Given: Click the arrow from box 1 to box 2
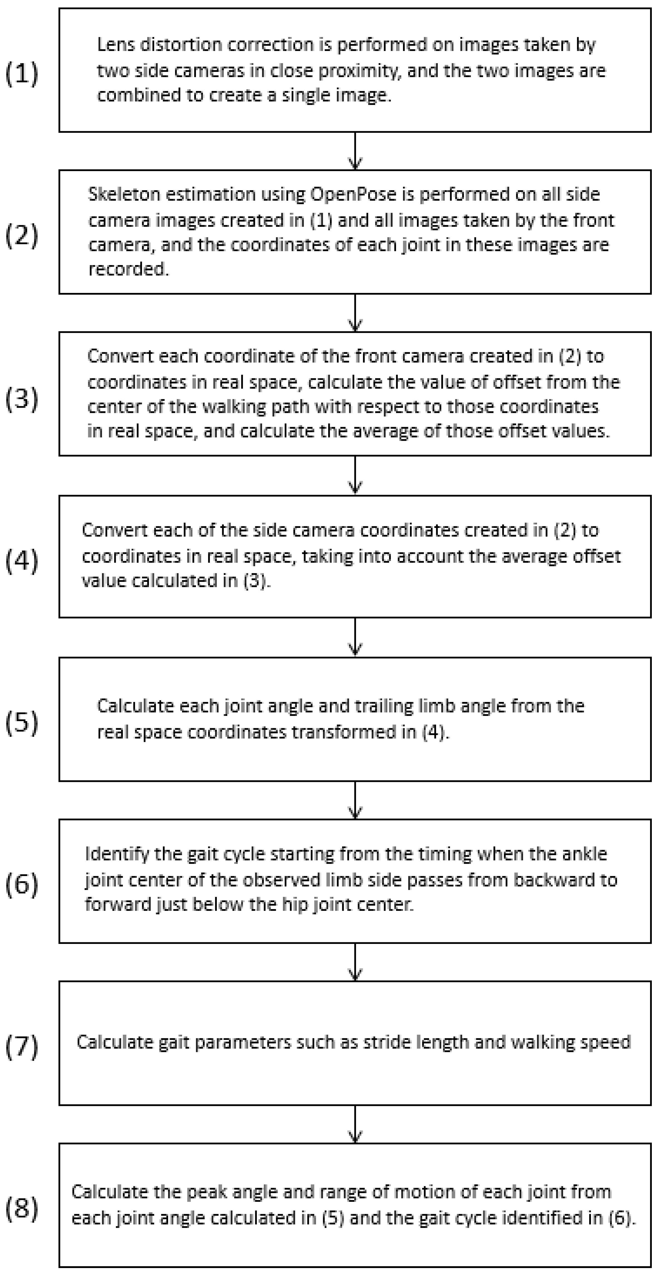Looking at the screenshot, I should pos(355,151).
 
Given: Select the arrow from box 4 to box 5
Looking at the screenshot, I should pos(355,638).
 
